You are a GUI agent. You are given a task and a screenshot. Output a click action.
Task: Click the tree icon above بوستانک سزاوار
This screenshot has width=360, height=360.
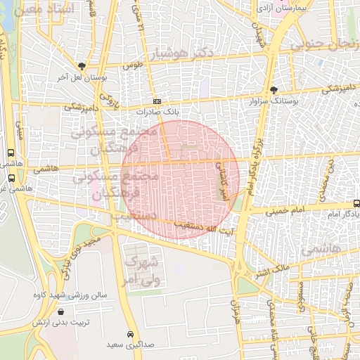[274, 90]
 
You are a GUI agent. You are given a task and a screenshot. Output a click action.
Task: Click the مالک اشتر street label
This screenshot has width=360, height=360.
[270, 269]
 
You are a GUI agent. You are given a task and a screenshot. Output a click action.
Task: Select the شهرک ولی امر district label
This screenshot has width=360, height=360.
[143, 270]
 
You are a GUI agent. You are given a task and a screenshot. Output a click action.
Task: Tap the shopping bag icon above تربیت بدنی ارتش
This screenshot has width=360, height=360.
[63, 311]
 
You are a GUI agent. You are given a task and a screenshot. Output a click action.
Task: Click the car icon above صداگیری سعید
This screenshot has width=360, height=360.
[130, 334]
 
